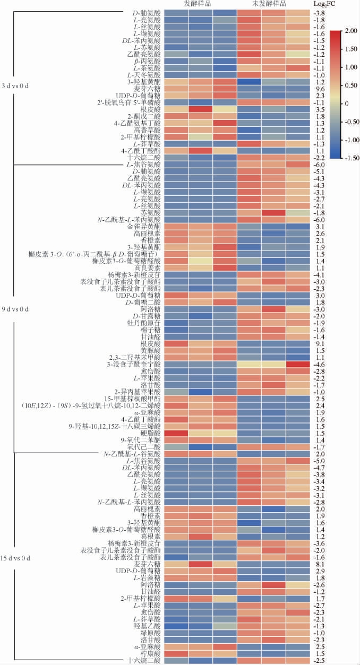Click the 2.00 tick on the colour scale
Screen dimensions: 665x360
350,31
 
